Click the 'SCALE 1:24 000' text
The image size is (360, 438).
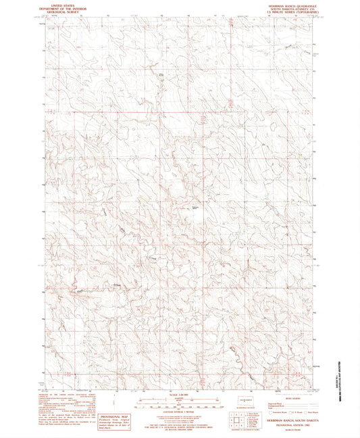coord(179,395)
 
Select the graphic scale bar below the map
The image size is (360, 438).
coord(179,404)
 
